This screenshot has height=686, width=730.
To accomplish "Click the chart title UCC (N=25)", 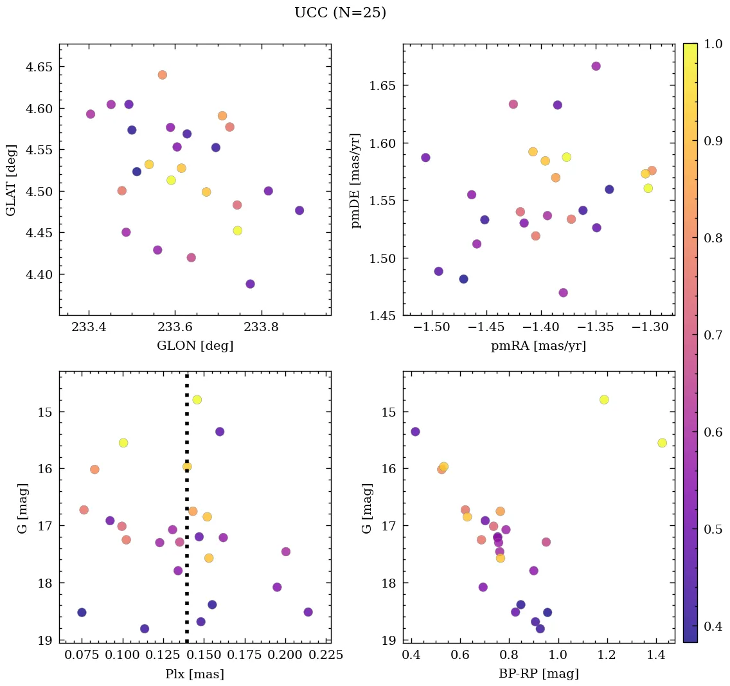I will (340, 13).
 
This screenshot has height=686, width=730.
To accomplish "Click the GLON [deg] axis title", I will (195, 346).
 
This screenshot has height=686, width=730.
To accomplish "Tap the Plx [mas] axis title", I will (195, 674).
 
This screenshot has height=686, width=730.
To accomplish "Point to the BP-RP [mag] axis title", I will (539, 674).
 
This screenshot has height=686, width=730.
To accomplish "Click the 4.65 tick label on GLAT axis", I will (39, 67).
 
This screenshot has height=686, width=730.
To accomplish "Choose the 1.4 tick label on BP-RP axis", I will (656, 656).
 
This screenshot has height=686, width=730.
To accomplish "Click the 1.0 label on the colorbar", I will (711, 44).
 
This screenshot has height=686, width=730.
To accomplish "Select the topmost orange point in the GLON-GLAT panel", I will (162, 75).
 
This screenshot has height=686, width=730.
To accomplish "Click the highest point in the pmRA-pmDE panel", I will (596, 66).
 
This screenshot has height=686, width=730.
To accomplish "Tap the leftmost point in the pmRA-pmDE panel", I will (425, 158).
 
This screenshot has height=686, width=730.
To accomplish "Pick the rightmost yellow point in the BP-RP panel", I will (662, 443).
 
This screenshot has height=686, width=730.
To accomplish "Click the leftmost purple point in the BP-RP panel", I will (415, 431).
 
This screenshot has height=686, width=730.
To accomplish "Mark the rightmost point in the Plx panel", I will (308, 612).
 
